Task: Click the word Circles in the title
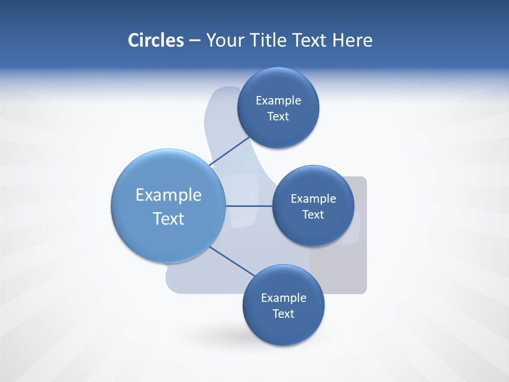pyautogui.click(x=155, y=40)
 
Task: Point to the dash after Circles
pyautogui.click(x=195, y=41)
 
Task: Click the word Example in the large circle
pyautogui.click(x=169, y=195)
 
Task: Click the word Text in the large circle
pyautogui.click(x=169, y=219)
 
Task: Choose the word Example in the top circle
pyautogui.click(x=278, y=101)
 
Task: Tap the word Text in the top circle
pyautogui.click(x=278, y=117)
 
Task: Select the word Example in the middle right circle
pyautogui.click(x=313, y=199)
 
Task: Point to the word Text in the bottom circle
pyautogui.click(x=283, y=314)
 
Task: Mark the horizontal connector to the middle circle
pyautogui.click(x=249, y=206)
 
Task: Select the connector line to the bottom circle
pyautogui.click(x=232, y=261)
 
